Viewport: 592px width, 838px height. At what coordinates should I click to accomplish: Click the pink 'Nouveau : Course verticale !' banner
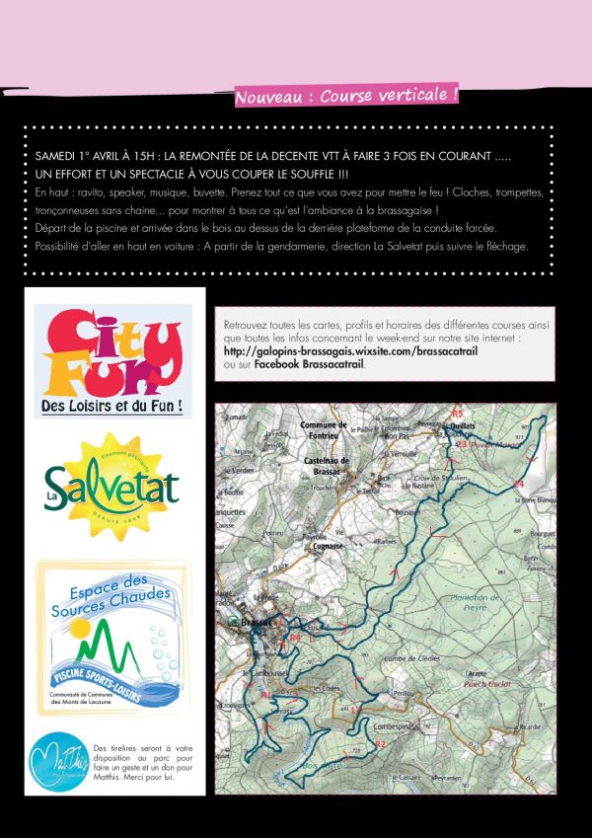tap(346, 97)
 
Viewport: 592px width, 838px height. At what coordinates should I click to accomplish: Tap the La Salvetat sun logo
tap(112, 483)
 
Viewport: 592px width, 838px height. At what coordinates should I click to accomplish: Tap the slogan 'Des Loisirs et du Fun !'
tap(112, 406)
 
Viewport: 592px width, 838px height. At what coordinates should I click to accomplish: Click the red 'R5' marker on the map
tap(456, 413)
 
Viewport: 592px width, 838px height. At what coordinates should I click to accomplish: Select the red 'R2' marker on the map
tap(378, 742)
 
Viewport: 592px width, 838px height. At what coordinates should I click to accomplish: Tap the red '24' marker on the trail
tap(519, 484)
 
